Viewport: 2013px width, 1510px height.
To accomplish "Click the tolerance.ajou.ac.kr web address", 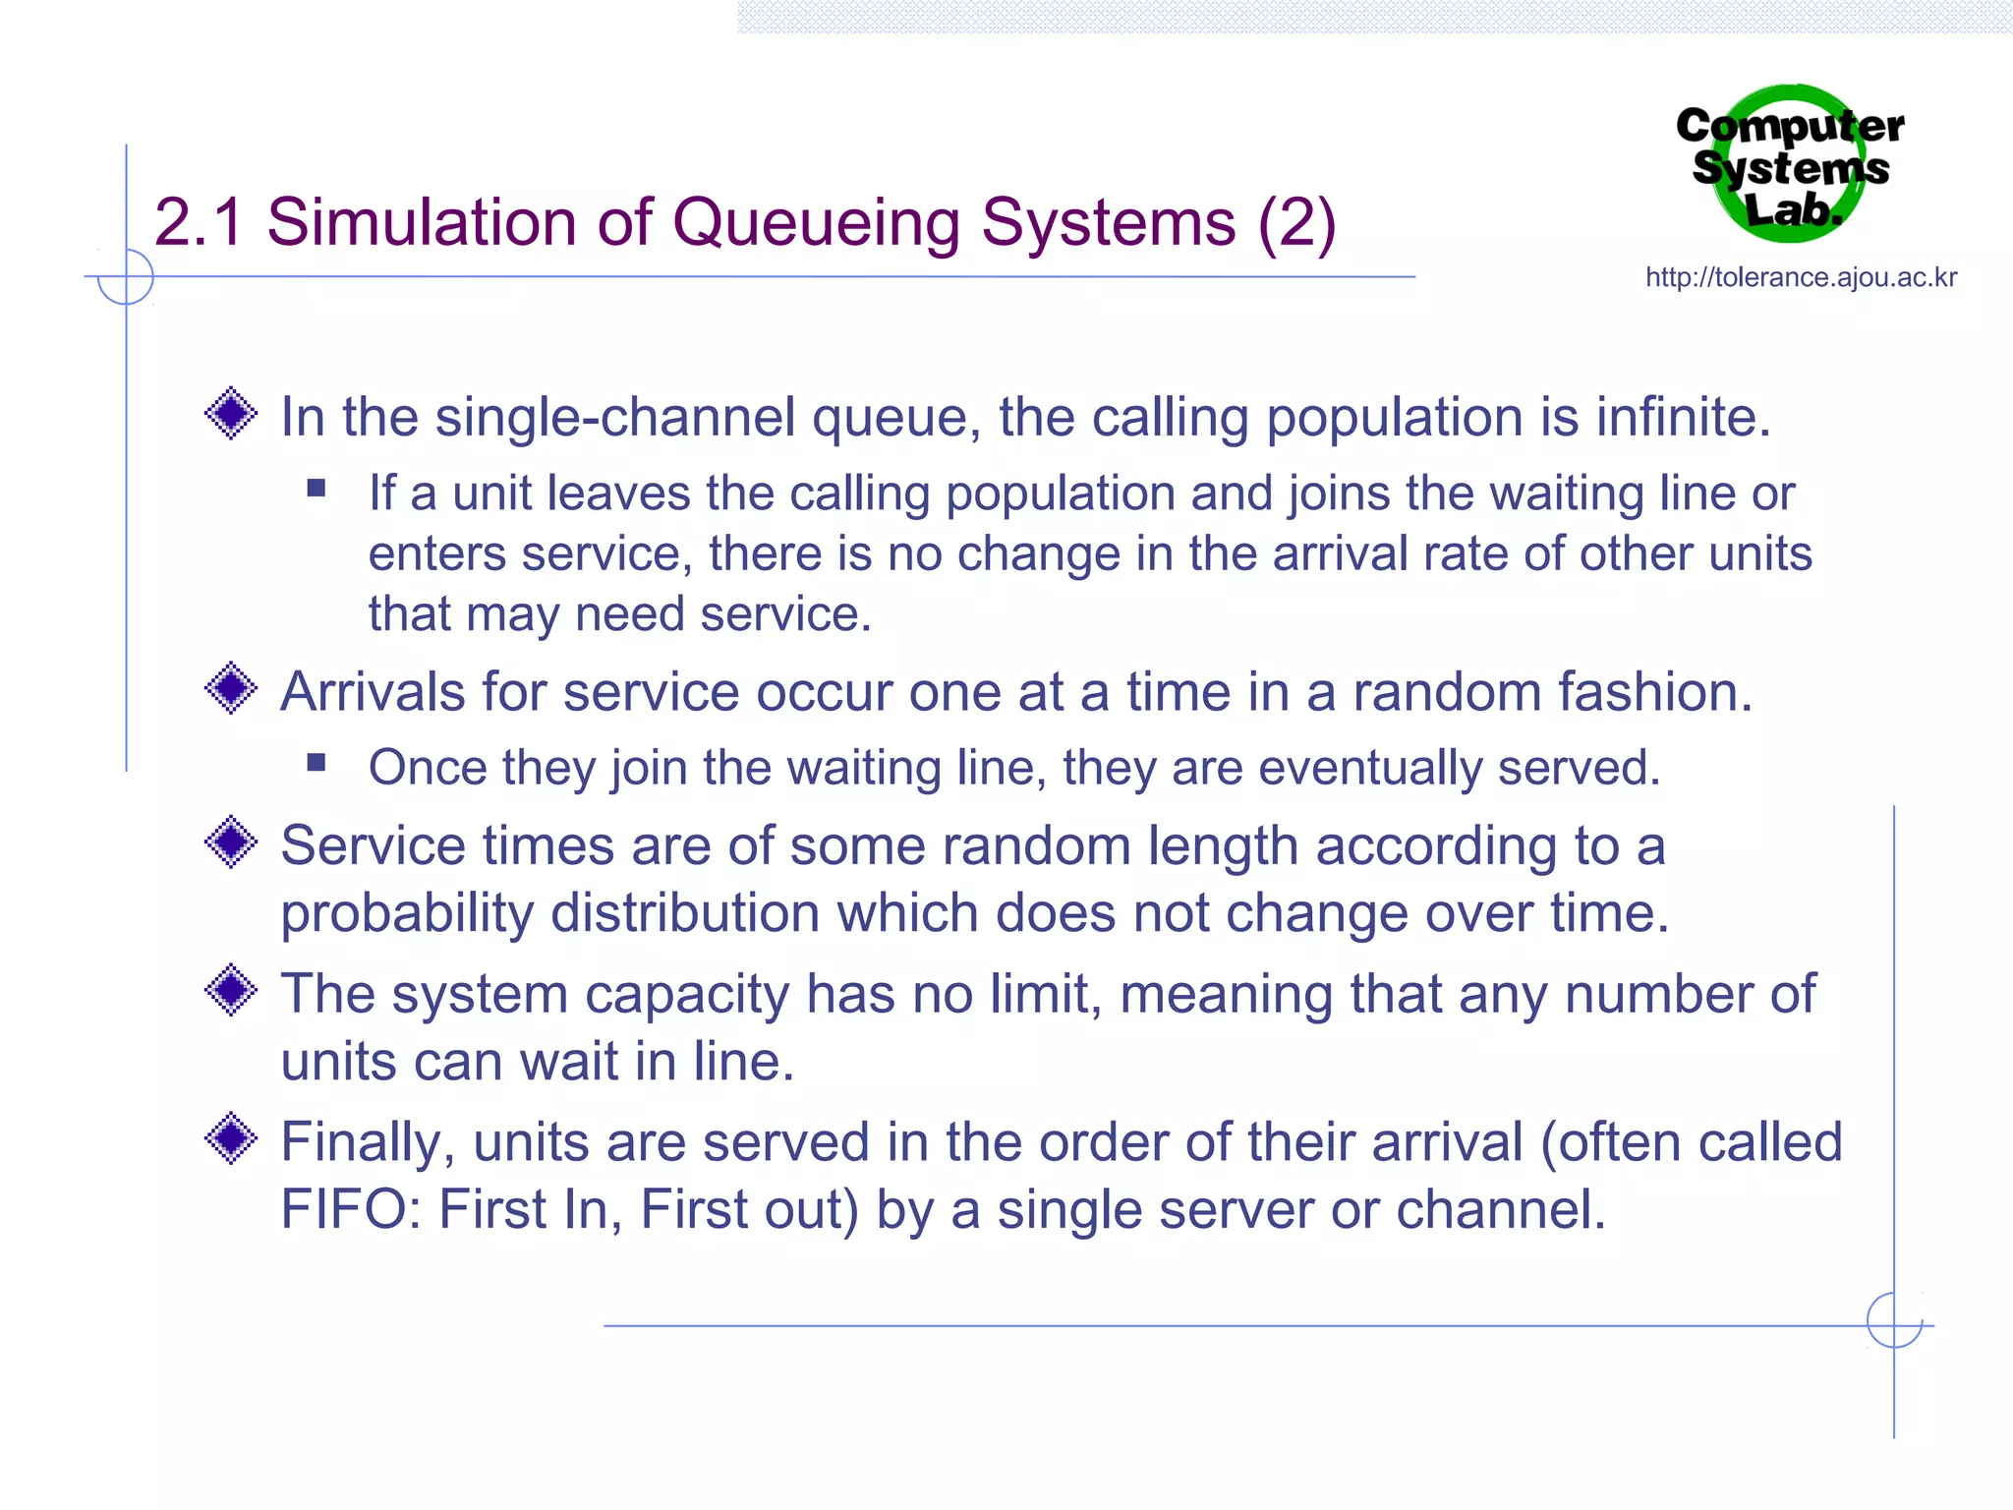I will (1801, 277).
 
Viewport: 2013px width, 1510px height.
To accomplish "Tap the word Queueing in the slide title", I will (816, 223).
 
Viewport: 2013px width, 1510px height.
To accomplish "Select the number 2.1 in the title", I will (199, 223).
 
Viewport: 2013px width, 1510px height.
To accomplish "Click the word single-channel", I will (614, 417).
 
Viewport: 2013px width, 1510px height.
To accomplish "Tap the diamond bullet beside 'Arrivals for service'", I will (231, 688).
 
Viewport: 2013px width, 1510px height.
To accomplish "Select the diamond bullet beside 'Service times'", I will (231, 842).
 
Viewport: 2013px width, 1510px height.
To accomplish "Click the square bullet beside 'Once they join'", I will (316, 763).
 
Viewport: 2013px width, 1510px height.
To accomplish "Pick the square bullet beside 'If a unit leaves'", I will (316, 489).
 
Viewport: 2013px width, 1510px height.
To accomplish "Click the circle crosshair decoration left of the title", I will (126, 277).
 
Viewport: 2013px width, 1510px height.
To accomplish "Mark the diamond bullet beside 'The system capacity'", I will (231, 990).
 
